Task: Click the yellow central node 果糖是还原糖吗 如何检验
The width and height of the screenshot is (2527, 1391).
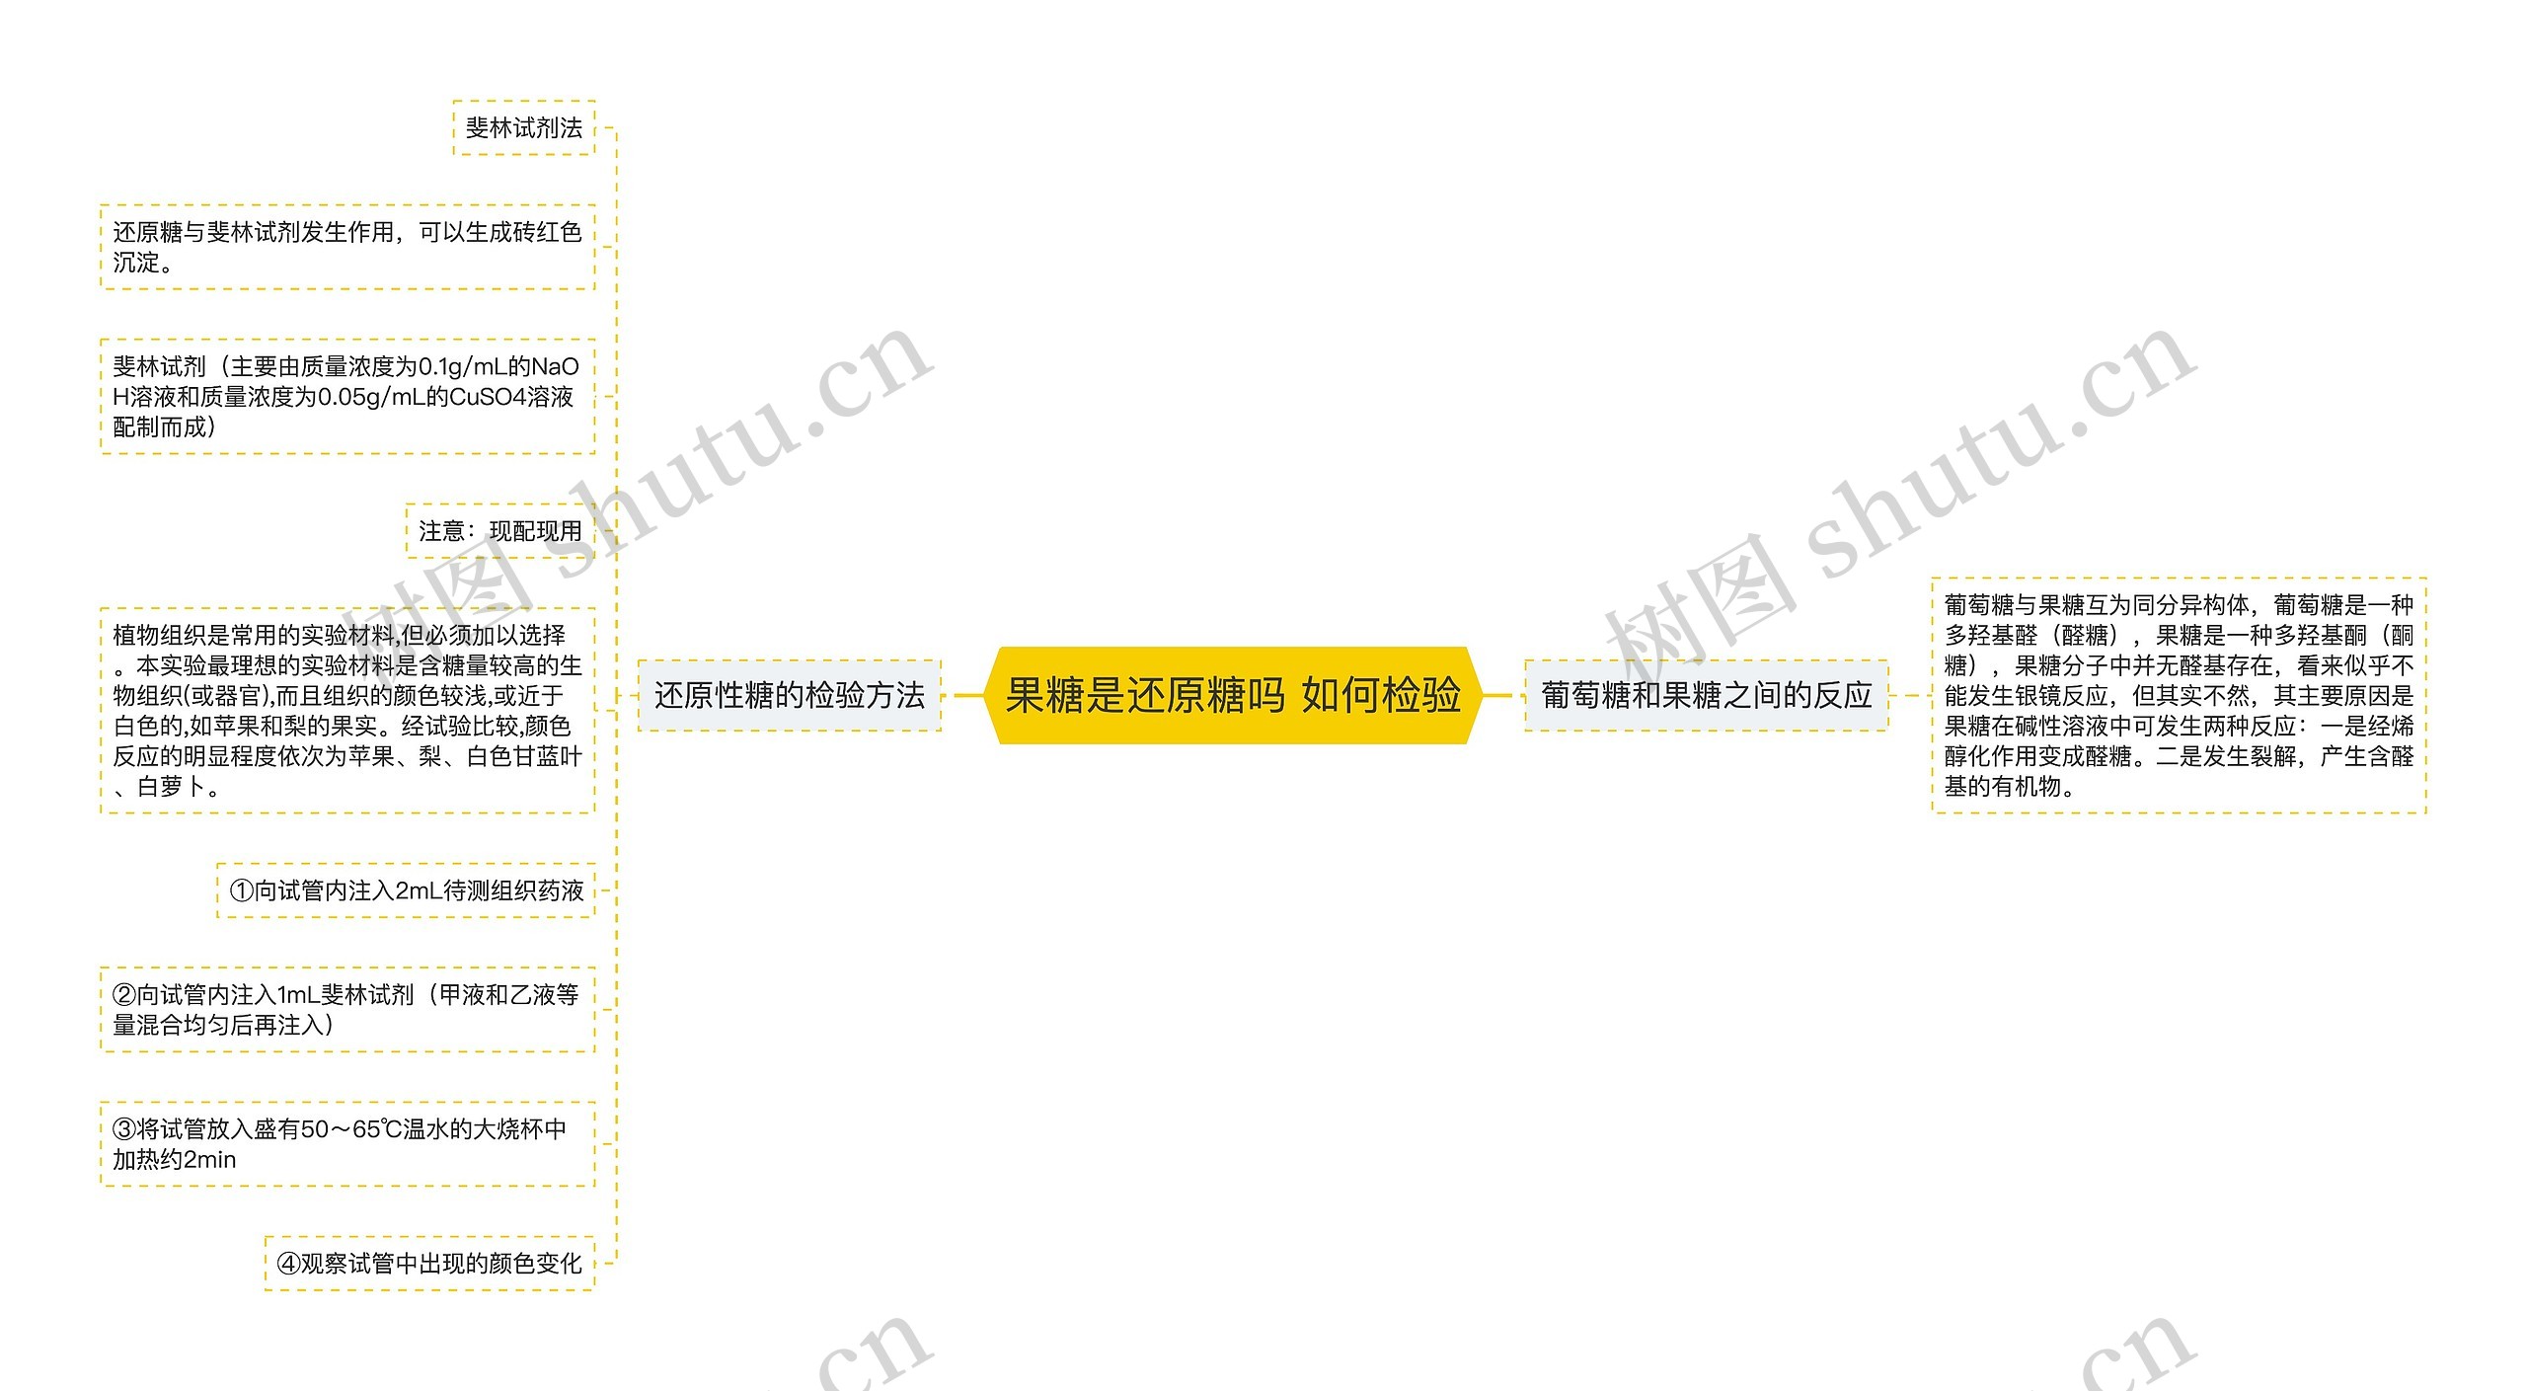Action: pos(1232,695)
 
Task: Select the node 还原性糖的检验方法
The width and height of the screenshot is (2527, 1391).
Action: pos(789,695)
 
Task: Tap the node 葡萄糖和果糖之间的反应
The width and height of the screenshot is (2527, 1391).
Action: pos(1706,695)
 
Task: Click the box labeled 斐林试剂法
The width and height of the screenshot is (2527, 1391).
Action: pos(523,127)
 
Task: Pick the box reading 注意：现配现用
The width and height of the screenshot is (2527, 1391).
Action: pos(499,531)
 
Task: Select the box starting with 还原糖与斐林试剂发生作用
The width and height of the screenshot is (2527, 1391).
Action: pos(346,247)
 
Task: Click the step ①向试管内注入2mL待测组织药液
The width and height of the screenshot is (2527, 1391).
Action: pos(406,890)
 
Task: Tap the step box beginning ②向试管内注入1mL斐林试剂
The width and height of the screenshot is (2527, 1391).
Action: pos(346,1009)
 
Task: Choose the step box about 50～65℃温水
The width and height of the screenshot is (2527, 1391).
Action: pos(346,1143)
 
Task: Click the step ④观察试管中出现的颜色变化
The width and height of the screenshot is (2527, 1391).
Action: pos(429,1263)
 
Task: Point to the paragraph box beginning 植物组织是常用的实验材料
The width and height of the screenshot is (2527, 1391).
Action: pos(346,711)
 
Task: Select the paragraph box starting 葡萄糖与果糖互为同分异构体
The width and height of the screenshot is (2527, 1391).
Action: pos(2178,695)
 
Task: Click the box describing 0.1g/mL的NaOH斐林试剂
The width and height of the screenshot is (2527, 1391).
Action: pos(346,396)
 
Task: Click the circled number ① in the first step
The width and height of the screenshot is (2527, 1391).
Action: pos(242,890)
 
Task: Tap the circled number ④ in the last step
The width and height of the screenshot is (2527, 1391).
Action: pos(288,1264)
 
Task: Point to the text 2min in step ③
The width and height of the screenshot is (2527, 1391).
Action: pos(210,1159)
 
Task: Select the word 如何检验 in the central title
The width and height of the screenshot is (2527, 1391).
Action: pos(1380,695)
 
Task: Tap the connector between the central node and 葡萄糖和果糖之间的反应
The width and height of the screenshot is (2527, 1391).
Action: pos(1497,695)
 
